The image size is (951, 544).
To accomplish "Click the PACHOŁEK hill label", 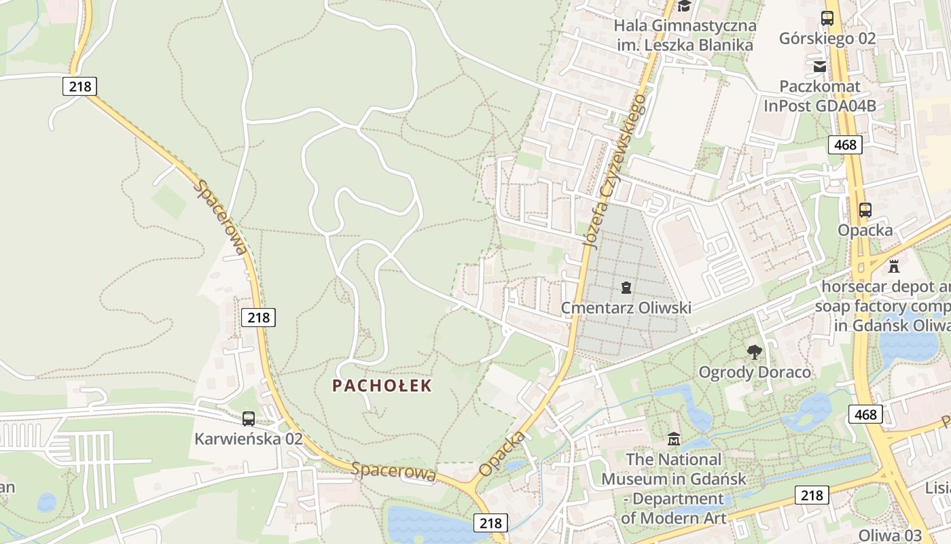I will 382,386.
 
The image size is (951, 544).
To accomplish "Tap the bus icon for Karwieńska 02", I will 249,419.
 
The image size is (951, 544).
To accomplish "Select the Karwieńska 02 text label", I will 249,439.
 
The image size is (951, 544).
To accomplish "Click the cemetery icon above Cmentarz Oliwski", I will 626,288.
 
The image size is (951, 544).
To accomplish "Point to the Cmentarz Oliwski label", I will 626,308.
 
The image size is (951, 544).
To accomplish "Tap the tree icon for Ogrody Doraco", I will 754,352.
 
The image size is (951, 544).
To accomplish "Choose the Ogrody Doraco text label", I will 755,372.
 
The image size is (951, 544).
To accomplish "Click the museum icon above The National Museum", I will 673,439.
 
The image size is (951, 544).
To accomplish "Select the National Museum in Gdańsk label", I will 674,488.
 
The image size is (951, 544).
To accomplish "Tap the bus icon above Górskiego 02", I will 827,18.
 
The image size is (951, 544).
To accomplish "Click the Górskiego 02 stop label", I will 827,38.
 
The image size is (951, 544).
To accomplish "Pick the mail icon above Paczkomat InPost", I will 820,66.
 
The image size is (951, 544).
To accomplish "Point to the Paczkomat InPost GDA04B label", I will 820,96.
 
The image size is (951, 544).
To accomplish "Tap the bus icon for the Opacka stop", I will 865,210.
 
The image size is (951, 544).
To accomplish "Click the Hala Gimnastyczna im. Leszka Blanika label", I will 685,35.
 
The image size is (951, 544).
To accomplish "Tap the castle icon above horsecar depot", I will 893,266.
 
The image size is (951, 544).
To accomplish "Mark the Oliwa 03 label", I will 890,534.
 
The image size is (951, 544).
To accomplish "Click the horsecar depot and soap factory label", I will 883,306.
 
